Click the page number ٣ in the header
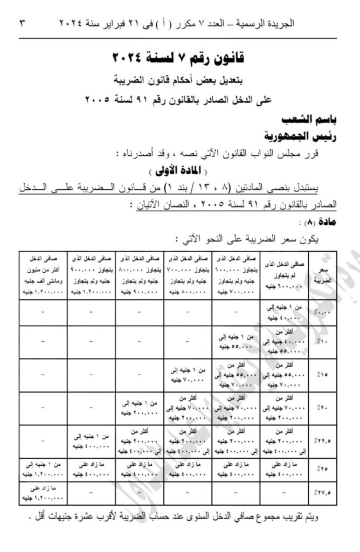[x=22, y=24]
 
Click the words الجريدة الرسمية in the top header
[x=312, y=24]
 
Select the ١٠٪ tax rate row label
[x=322, y=342]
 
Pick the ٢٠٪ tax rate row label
[x=322, y=409]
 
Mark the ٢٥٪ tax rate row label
[x=322, y=469]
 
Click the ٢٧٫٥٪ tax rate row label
[x=322, y=493]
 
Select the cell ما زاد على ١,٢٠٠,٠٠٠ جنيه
[x=44, y=493]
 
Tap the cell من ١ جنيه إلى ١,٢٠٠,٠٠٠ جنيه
[x=44, y=468]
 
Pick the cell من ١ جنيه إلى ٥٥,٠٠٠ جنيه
[x=235, y=342]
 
